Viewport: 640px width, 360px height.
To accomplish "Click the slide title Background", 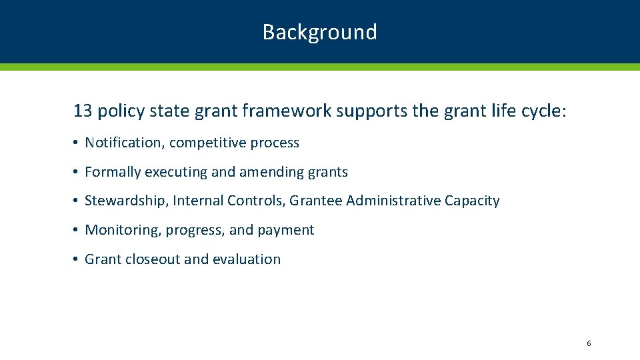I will tap(319, 32).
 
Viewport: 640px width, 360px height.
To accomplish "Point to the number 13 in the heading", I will tap(83, 111).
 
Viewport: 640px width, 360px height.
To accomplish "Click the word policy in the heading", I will tap(121, 111).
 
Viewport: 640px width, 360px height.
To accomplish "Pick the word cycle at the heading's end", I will tap(541, 111).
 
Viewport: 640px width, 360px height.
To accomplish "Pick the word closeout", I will tap(151, 259).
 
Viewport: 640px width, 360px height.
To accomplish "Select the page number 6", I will tap(589, 343).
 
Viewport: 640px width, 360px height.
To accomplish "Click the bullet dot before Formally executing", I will tap(77, 173).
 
